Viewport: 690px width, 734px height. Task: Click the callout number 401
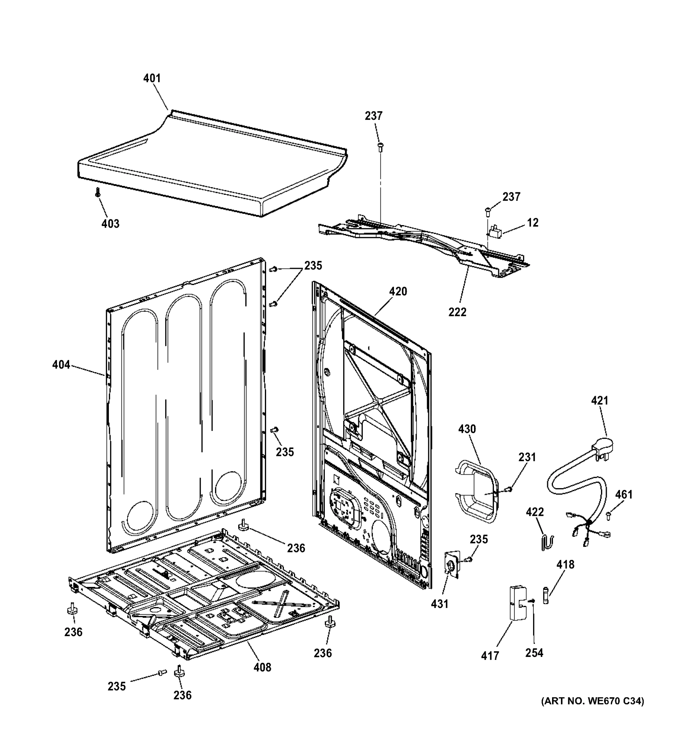(152, 78)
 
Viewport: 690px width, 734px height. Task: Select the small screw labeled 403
(98, 192)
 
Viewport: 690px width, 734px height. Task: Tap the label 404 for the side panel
(61, 365)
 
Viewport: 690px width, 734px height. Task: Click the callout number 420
(398, 291)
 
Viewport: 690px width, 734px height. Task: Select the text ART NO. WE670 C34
(592, 711)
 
